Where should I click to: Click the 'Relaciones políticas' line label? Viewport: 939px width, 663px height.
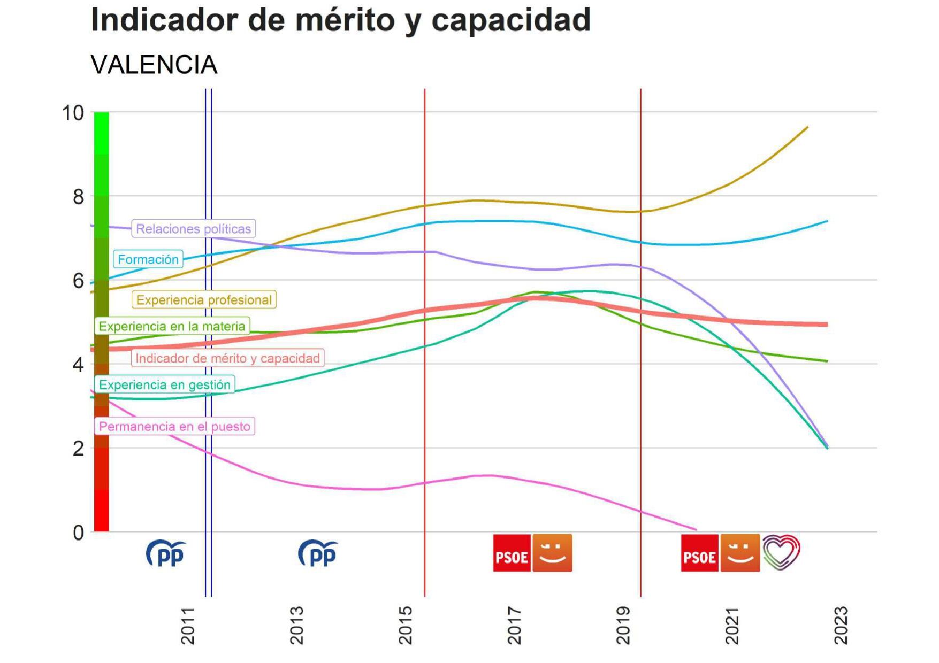[193, 229]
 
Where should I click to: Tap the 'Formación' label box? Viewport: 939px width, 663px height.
[148, 259]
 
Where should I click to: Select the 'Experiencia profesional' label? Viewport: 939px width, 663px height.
[204, 300]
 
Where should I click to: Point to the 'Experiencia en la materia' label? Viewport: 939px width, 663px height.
[172, 326]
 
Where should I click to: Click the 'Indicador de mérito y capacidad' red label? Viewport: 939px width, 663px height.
[227, 358]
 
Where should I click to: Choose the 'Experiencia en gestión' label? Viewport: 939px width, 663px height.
[164, 385]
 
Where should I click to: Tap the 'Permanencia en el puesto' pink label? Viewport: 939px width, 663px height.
[174, 427]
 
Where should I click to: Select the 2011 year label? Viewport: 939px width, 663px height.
[188, 625]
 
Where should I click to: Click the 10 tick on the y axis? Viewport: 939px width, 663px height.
[73, 113]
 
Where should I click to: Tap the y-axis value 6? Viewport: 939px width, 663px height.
[79, 281]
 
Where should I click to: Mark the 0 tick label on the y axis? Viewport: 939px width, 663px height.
[79, 533]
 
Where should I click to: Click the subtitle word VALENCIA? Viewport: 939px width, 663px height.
[154, 65]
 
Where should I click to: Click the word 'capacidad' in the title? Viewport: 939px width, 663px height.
[510, 20]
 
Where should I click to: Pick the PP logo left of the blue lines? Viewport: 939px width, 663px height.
[166, 553]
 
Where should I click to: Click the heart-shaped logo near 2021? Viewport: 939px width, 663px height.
[781, 552]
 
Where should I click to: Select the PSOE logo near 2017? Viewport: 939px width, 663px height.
[512, 553]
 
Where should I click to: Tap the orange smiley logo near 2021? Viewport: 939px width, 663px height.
[740, 553]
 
